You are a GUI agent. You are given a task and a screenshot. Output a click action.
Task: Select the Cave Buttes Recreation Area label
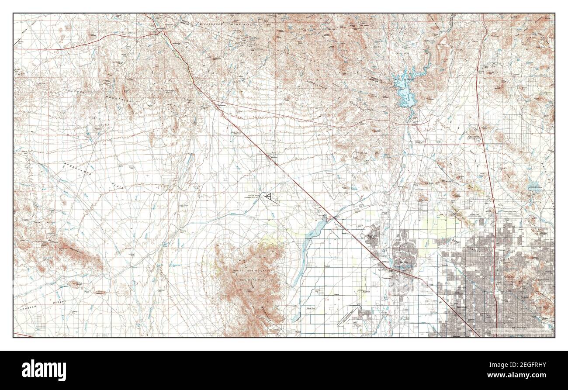(x=540, y=185)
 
